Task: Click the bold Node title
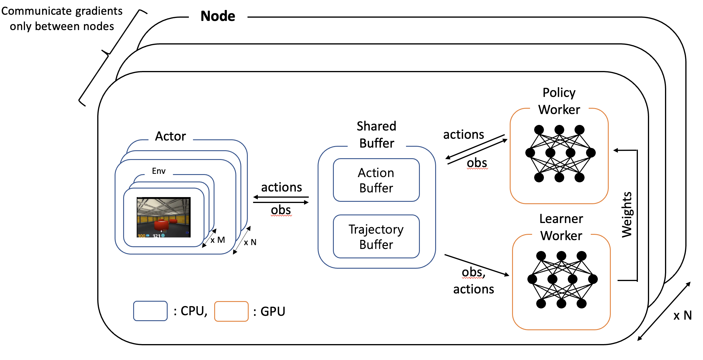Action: tap(218, 16)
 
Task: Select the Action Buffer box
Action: tap(376, 180)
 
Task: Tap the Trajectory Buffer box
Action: tap(376, 237)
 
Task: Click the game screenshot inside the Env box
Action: tap(164, 217)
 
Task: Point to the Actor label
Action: tap(170, 136)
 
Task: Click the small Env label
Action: tap(159, 171)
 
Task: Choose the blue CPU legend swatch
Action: tap(150, 311)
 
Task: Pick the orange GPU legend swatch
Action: tap(231, 311)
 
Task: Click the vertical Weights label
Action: tap(627, 214)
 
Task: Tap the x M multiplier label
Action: tap(218, 240)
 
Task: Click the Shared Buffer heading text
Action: tap(377, 135)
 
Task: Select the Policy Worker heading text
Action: tap(559, 101)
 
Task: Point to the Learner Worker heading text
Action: tap(561, 227)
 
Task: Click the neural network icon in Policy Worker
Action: tap(560, 153)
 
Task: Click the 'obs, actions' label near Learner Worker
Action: tap(473, 281)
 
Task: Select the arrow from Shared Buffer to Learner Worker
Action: tap(476, 265)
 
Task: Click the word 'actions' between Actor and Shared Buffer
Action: tap(281, 187)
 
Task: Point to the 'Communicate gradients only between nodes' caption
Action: tap(62, 19)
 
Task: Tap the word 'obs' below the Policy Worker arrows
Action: tap(477, 163)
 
